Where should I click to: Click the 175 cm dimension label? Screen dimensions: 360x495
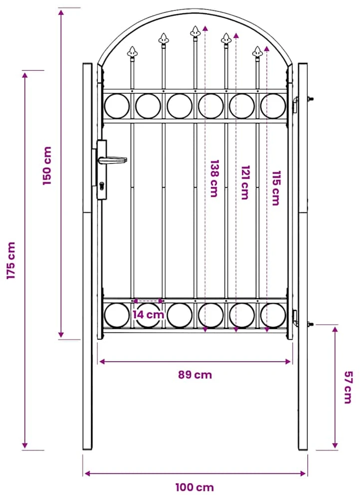11,260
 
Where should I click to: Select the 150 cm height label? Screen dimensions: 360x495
47,166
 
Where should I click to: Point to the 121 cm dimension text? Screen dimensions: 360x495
245,183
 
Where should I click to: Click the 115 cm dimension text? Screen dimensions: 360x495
276,188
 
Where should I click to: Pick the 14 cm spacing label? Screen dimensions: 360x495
148,314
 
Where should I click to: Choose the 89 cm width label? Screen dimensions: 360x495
195,375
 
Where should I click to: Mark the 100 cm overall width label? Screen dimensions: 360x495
195,487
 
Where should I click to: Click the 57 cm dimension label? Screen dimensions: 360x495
348,387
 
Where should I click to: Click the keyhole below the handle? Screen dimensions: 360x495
102,186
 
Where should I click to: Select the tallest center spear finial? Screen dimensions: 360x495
195,31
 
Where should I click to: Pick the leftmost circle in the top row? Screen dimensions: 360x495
117,106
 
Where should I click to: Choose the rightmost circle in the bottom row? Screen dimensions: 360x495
273,315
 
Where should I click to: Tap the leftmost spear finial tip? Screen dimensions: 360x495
133,47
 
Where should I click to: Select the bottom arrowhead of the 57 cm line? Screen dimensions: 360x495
335,446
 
